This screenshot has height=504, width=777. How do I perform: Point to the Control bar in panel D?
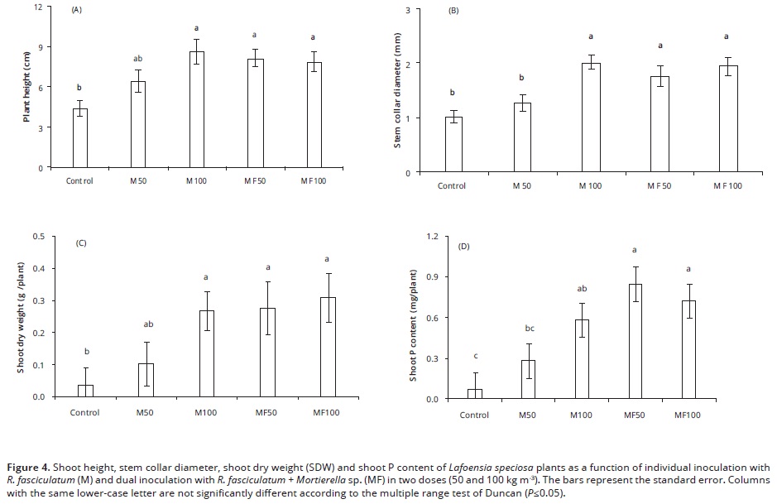474,394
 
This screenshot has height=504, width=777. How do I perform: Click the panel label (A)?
77,12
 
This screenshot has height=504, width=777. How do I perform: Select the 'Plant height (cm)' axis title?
26,87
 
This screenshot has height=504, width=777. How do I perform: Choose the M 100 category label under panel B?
591,186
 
